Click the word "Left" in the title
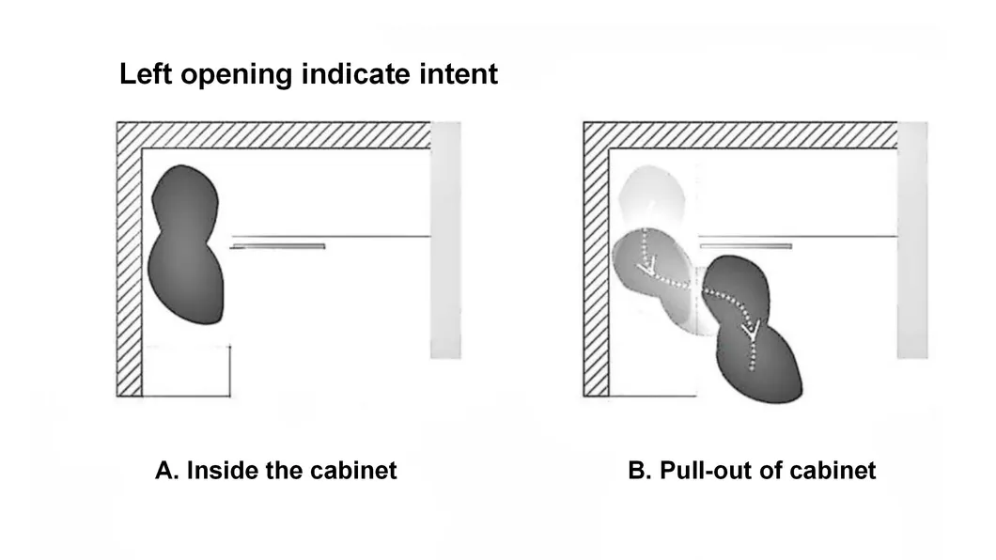coord(146,73)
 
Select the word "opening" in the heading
coord(237,75)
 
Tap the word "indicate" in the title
coord(356,73)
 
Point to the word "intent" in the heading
coord(459,73)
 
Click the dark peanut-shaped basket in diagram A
coord(185,244)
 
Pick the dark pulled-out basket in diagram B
coord(753,330)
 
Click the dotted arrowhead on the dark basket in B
coord(752,330)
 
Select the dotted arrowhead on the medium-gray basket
coord(646,269)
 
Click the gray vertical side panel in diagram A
coord(445,240)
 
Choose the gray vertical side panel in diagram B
coord(912,240)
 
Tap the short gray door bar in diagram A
coord(279,246)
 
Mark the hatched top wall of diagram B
coord(740,135)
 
